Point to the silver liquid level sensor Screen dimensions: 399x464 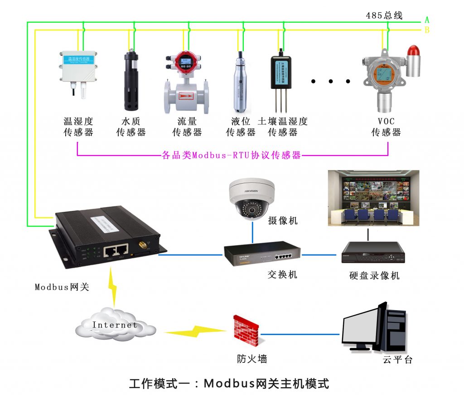[x=240, y=84]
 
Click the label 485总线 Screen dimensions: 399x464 [x=384, y=15]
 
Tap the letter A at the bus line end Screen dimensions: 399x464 [x=426, y=20]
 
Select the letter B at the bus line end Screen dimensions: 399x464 [x=426, y=30]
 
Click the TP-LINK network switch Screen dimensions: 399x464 [x=262, y=255]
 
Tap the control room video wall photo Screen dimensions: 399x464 [x=373, y=198]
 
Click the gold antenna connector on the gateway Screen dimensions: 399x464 [x=141, y=246]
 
